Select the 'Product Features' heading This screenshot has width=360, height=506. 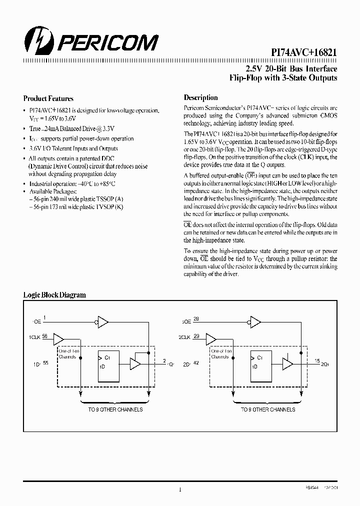[x=48, y=99]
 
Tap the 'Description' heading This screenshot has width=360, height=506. [x=200, y=98]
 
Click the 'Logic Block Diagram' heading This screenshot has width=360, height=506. [x=54, y=295]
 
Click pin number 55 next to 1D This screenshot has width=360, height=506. [x=45, y=363]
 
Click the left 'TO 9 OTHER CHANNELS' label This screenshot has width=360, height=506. [x=115, y=409]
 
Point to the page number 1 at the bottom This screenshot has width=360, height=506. [x=180, y=489]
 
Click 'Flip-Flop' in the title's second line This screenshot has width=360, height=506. [x=244, y=78]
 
